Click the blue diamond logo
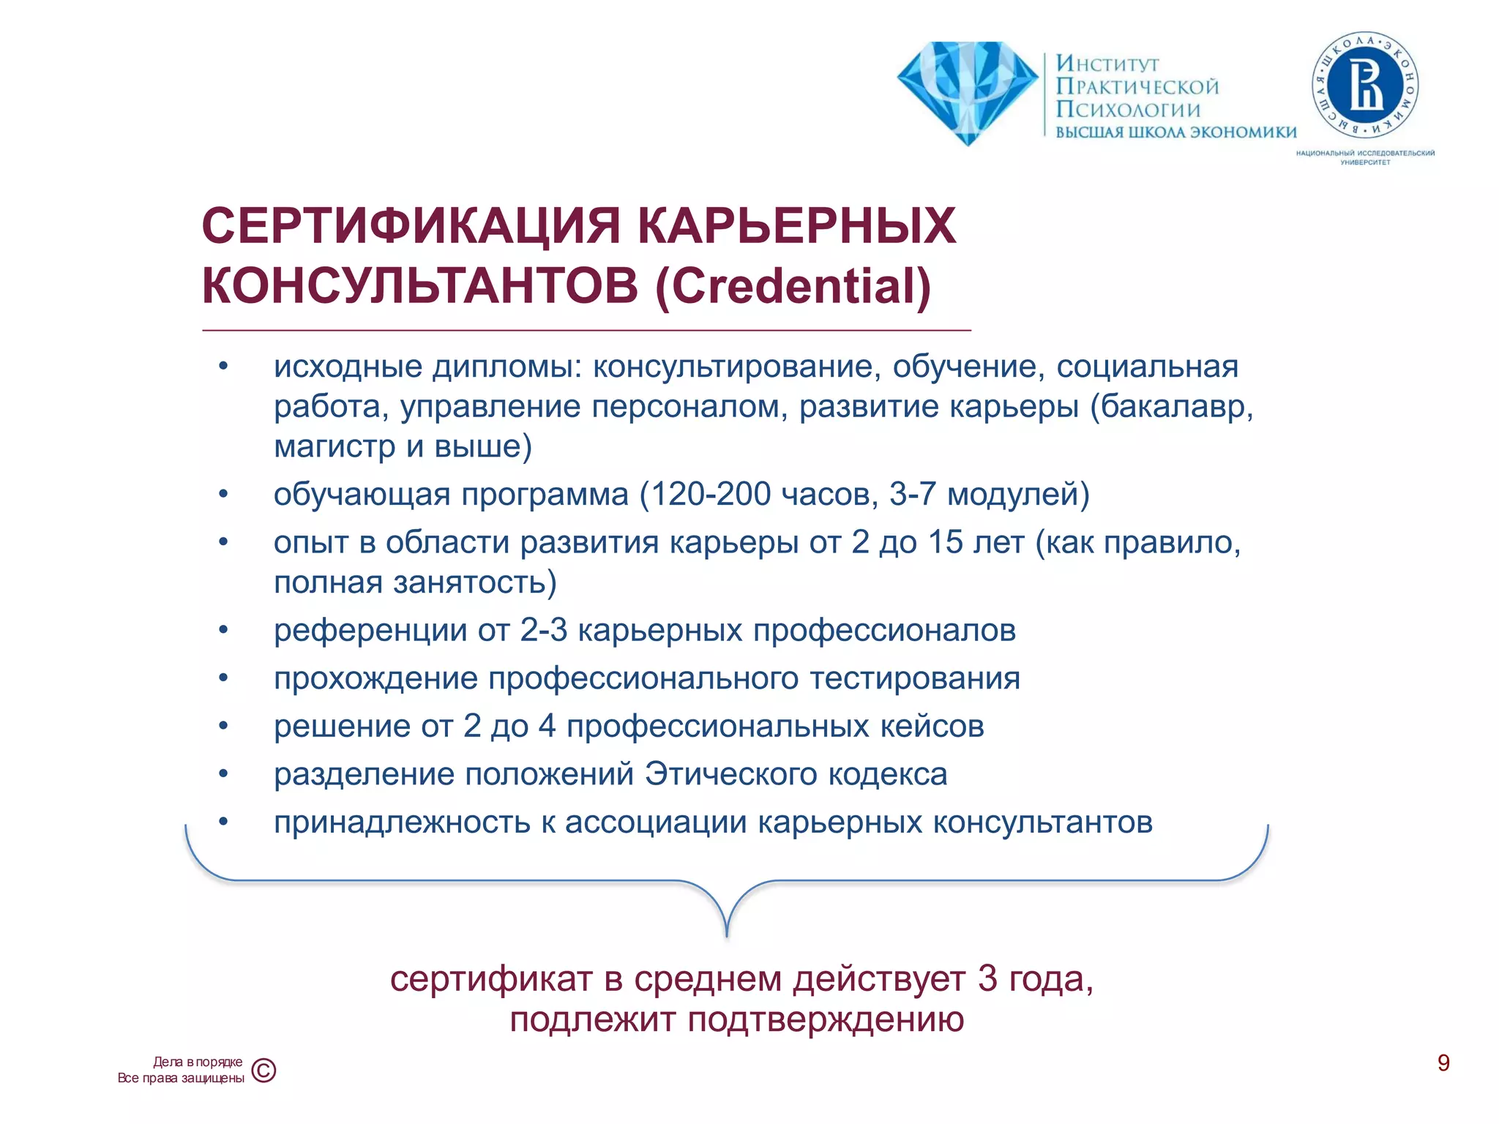[x=967, y=91]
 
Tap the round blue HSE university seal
[x=1365, y=87]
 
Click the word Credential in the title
[x=793, y=285]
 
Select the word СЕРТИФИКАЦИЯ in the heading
[x=411, y=225]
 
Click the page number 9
[x=1443, y=1063]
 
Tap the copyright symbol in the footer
[x=263, y=1071]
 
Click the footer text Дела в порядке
[x=198, y=1062]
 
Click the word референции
[x=370, y=630]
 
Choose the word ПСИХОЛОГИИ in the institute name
[x=1127, y=110]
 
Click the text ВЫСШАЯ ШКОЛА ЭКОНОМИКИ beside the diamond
[x=1175, y=132]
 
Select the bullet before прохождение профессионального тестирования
[x=223, y=678]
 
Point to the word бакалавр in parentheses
[x=1172, y=406]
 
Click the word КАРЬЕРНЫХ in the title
[x=796, y=225]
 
